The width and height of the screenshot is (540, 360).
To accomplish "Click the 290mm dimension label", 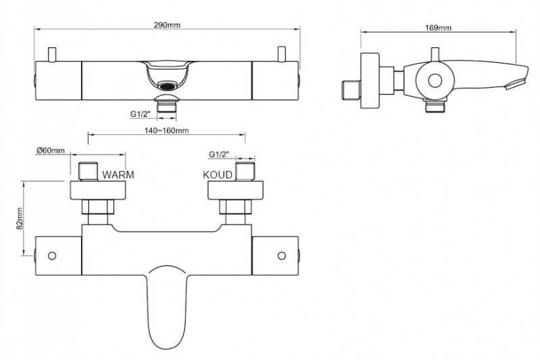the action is pyautogui.click(x=167, y=25).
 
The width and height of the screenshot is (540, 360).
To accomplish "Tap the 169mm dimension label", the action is pyautogui.click(x=438, y=28).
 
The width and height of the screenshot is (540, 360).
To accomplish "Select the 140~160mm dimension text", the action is pyautogui.click(x=166, y=130).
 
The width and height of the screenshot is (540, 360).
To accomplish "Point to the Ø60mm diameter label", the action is pyautogui.click(x=51, y=150).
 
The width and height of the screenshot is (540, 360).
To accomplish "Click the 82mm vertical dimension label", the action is pyautogui.click(x=20, y=218).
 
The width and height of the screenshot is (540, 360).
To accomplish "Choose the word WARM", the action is pyautogui.click(x=118, y=175).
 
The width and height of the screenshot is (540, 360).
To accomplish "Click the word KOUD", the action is pyautogui.click(x=217, y=175).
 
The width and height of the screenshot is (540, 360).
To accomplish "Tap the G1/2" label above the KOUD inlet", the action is pyautogui.click(x=219, y=154).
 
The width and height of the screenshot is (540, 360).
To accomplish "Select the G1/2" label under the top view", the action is pyautogui.click(x=140, y=113).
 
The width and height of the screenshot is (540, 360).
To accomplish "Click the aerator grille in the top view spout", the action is pyautogui.click(x=167, y=86).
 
